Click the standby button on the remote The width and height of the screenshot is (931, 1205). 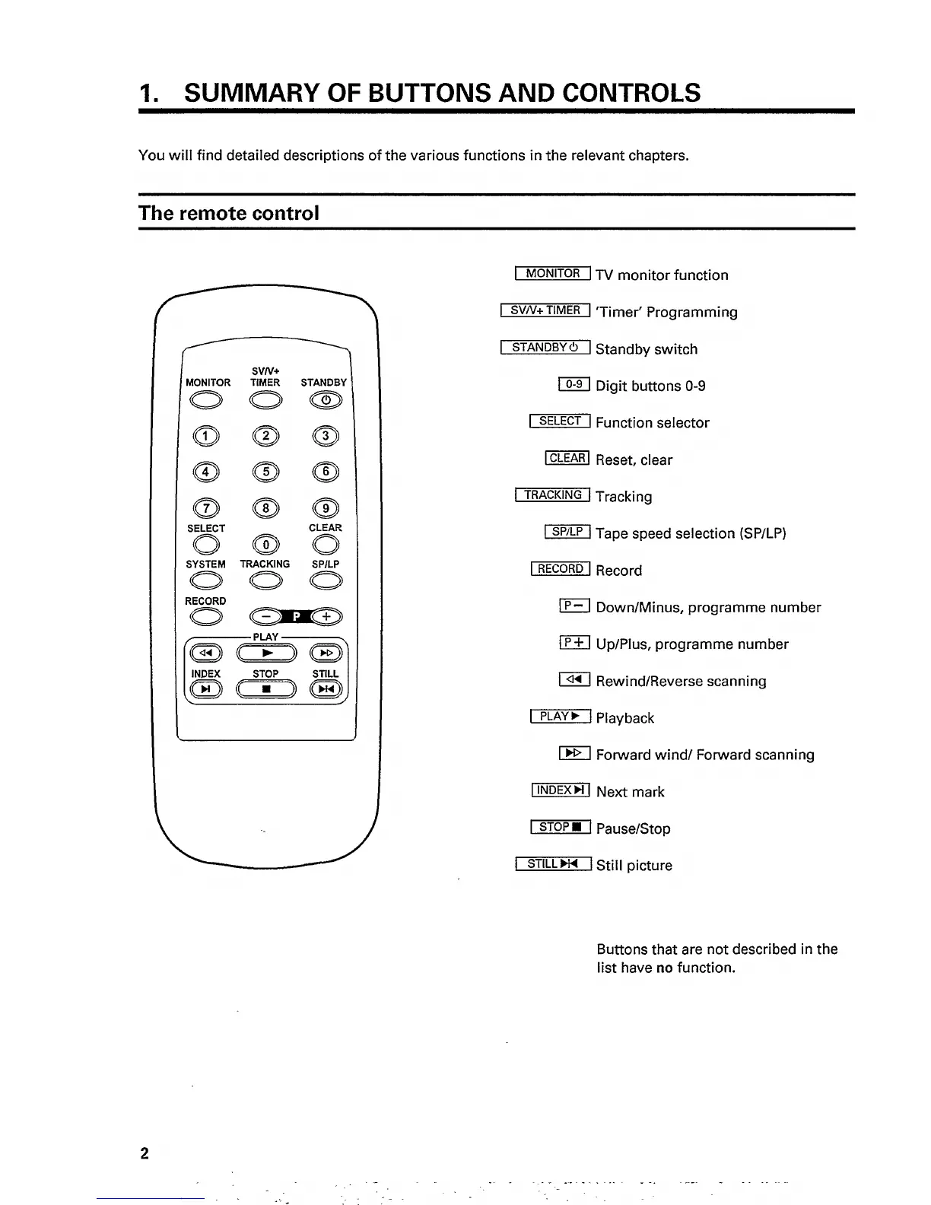click(326, 400)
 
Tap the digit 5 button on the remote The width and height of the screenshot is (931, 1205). click(265, 472)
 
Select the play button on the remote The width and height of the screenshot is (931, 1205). click(265, 653)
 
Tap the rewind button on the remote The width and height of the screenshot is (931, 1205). click(205, 653)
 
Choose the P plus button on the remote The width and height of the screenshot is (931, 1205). click(326, 617)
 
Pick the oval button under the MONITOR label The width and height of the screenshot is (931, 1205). click(205, 400)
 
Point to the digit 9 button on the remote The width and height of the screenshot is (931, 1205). click(326, 508)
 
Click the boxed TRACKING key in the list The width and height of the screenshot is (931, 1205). click(552, 495)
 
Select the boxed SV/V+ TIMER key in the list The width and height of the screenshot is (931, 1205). click(545, 310)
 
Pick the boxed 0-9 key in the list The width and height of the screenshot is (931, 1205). click(574, 384)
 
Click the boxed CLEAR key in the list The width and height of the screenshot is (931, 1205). click(567, 458)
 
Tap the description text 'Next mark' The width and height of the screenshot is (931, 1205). click(630, 792)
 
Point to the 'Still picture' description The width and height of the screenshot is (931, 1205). click(634, 866)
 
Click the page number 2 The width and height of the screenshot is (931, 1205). click(145, 1153)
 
